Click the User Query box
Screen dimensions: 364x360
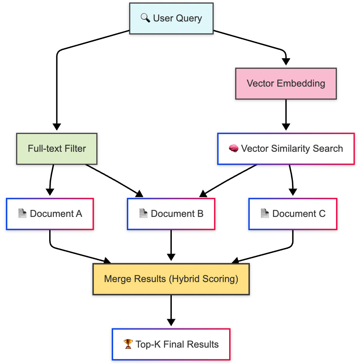171,18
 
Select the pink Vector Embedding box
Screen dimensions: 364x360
286,83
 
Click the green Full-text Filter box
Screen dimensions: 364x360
57,149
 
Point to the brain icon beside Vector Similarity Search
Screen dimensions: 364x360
233,149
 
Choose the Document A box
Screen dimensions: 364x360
50,214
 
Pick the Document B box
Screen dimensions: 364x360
171,214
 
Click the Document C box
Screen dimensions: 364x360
293,214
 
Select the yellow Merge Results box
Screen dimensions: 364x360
171,279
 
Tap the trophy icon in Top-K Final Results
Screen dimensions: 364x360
128,344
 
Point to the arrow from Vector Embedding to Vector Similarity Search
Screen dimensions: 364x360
286,115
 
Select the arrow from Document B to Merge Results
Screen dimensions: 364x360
171,246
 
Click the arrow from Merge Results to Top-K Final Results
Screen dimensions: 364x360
171,310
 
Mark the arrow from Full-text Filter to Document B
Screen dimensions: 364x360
113,179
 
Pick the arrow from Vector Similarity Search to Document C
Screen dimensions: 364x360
292,179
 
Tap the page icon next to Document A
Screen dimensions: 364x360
23,214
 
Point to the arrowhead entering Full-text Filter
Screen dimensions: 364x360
57,127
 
